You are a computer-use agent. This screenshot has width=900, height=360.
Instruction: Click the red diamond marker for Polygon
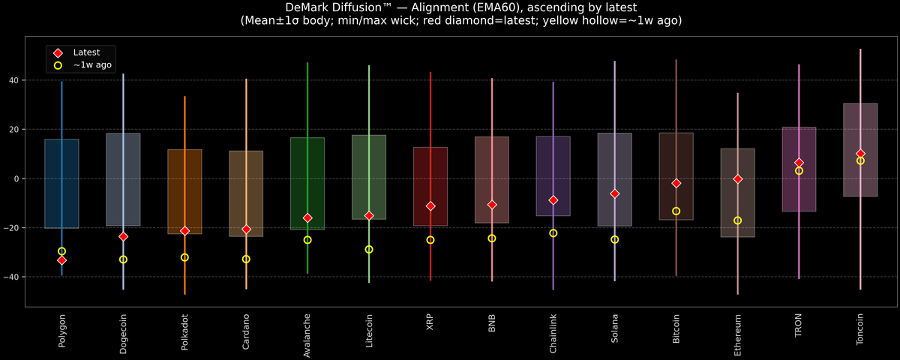tap(61, 260)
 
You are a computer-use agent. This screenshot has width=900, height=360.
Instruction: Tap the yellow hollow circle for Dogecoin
tap(123, 259)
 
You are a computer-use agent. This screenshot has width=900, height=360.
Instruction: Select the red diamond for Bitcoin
tap(676, 183)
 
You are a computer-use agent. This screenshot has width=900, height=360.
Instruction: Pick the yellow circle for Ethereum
tap(738, 220)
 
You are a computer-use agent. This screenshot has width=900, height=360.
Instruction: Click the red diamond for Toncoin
tap(860, 154)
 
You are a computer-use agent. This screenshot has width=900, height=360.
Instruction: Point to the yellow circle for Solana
tap(615, 239)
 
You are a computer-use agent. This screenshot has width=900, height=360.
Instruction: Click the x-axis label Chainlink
tap(553, 333)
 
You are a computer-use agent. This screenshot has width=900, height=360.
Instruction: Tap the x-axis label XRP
tap(430, 322)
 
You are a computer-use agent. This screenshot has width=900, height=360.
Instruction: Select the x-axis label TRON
tap(799, 325)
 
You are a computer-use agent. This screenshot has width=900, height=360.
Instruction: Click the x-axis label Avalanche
tap(307, 334)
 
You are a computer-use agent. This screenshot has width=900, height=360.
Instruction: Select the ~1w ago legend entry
tap(92, 65)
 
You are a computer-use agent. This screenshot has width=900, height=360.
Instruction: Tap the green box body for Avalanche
tap(307, 183)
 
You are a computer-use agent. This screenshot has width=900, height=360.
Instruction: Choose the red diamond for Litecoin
tap(369, 215)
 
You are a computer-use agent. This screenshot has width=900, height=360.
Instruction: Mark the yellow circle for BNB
tap(492, 238)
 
